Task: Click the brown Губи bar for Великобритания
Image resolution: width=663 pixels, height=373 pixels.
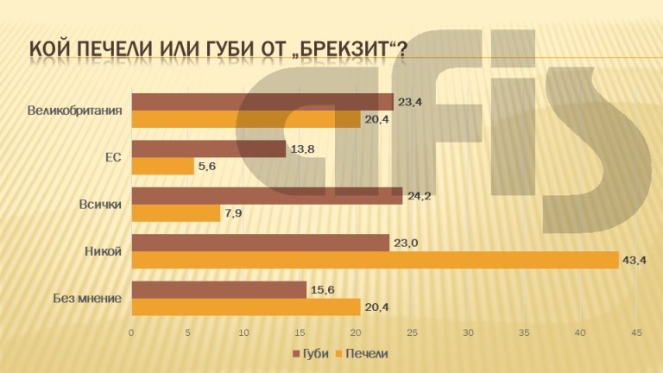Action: [x=262, y=102]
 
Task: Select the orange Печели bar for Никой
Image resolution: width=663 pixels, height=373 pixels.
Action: [x=375, y=260]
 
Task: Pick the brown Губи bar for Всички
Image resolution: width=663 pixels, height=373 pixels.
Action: [x=267, y=196]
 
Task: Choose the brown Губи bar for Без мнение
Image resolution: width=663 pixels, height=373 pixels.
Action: [x=218, y=289]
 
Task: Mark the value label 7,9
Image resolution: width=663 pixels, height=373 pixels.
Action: [x=234, y=212]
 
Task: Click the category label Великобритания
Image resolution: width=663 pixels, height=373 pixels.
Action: [x=74, y=111]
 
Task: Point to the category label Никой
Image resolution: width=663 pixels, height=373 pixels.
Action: [x=103, y=251]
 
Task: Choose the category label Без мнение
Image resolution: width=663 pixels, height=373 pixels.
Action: [x=86, y=298]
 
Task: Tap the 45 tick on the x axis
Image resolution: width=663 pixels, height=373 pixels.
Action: [x=637, y=332]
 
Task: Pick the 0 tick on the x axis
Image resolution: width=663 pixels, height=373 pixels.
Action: [x=131, y=332]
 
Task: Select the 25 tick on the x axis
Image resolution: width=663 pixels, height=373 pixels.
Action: [x=413, y=332]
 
